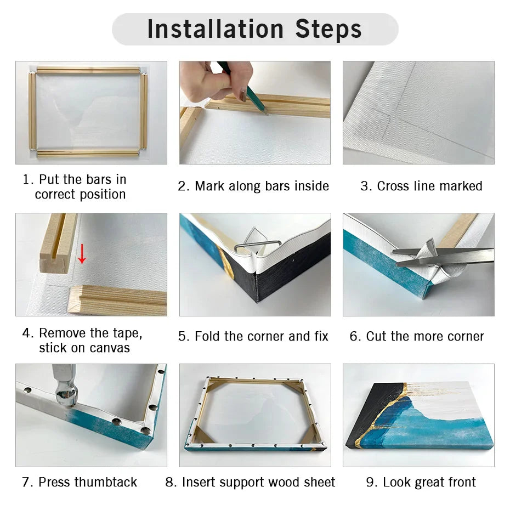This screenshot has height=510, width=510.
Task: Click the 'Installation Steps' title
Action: click(254, 29)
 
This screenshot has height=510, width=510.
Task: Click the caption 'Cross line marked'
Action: click(421, 186)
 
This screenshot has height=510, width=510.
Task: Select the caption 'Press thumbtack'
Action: click(80, 482)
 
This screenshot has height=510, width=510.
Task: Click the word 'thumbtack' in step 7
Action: click(105, 482)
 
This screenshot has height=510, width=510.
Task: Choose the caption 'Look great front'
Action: click(421, 482)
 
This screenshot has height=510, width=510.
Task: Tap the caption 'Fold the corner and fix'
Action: click(253, 336)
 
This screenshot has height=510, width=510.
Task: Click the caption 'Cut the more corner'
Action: click(417, 336)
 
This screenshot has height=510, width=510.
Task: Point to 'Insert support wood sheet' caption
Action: click(250, 482)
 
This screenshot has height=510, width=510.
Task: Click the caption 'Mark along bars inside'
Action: click(253, 186)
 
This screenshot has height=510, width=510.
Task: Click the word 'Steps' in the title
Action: click(328, 29)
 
